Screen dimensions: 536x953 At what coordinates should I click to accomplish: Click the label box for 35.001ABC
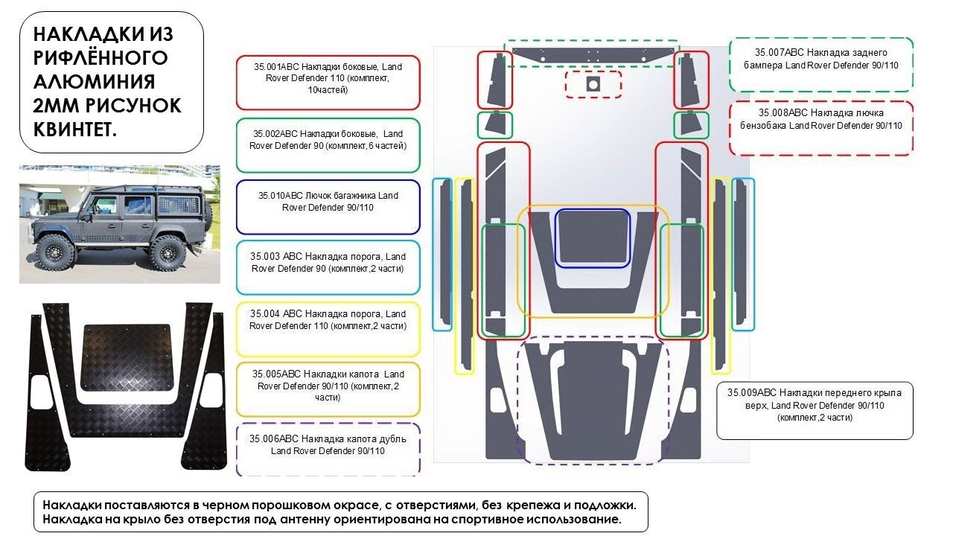[x=328, y=83]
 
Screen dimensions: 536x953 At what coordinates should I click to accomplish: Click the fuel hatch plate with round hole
[x=593, y=85]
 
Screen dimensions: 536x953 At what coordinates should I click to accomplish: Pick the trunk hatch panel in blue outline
[x=593, y=237]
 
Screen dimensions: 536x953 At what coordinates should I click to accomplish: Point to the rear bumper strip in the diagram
[x=593, y=54]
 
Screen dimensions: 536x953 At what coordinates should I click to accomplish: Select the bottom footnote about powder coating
[x=340, y=511]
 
